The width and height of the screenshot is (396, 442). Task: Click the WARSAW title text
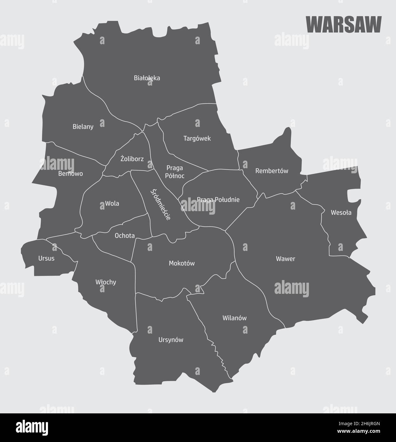[344, 24]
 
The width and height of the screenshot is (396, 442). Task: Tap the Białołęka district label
[147, 78]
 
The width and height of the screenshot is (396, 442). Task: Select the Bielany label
[83, 127]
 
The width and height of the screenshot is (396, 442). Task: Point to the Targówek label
[197, 139]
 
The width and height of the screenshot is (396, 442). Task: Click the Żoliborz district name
[132, 159]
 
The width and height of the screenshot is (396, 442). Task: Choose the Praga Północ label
[175, 171]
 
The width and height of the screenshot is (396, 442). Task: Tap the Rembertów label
[272, 171]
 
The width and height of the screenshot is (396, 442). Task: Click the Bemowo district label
[71, 174]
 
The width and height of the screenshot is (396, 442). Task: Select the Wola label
[112, 203]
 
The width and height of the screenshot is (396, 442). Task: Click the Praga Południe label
[218, 200]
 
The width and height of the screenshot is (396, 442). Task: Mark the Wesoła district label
[341, 212]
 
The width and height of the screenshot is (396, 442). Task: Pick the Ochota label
[125, 236]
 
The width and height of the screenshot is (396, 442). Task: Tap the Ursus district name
[46, 258]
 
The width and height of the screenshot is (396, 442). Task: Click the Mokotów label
[181, 263]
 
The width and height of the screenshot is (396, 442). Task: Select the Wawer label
[285, 259]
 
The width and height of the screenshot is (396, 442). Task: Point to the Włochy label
[106, 282]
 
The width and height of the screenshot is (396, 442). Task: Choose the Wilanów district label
[235, 318]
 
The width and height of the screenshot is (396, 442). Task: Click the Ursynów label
[171, 340]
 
